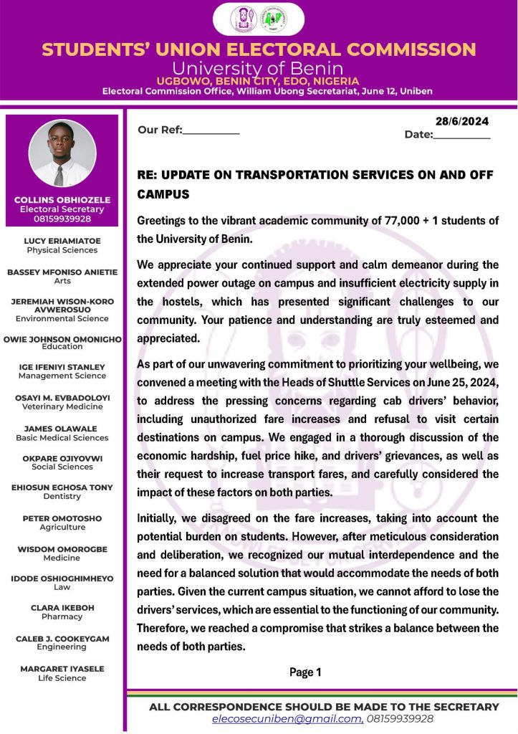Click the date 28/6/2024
pos(461,121)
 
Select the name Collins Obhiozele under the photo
pos(62,199)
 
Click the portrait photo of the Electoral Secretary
pos(62,153)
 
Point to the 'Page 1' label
pos(305,672)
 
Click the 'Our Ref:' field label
pos(160,130)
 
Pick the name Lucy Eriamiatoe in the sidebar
pos(62,242)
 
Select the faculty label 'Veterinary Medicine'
pos(62,406)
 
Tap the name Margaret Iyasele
pos(62,669)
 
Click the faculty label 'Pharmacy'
pos(62,616)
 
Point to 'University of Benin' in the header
pos(259,69)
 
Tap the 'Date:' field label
pos(418,134)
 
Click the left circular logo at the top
pos(243,19)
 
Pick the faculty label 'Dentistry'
pos(62,496)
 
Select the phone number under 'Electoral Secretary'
pos(62,219)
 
